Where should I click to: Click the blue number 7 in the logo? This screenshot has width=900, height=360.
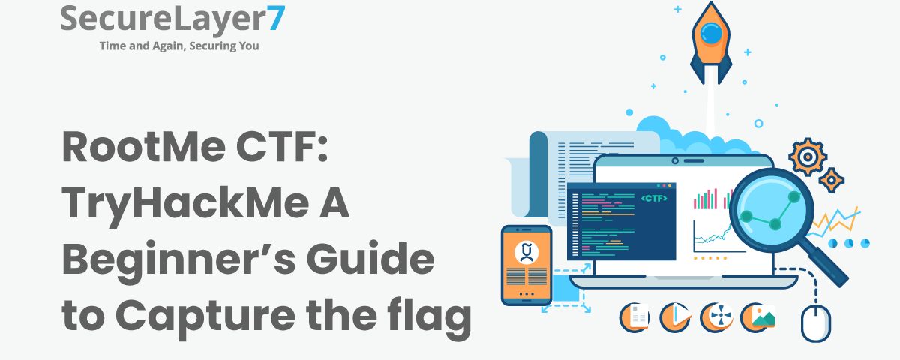275,19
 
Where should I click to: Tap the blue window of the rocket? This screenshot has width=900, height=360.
711,33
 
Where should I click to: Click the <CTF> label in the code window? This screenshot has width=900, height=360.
654,198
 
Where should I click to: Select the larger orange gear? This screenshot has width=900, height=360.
807,157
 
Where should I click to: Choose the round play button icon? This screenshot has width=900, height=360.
675,317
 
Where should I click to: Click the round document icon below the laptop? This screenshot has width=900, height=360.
634,317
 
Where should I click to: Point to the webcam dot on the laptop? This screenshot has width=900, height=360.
675,160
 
